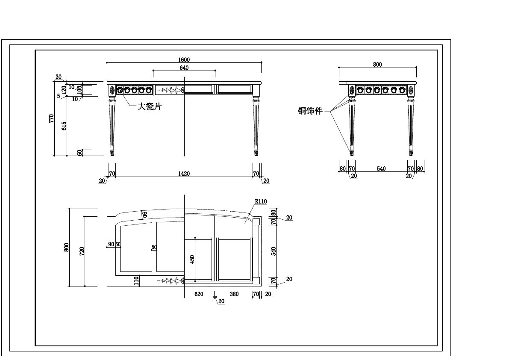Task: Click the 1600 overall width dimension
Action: pos(184,60)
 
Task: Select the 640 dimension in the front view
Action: pos(184,68)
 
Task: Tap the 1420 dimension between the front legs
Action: pos(184,174)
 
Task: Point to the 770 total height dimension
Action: pos(51,118)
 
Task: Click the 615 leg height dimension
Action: pos(64,126)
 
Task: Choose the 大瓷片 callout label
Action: pos(149,106)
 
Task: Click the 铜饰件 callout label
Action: pos(310,111)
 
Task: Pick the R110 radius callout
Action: pos(261,201)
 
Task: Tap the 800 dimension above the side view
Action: pos(377,65)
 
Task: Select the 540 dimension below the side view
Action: pos(381,169)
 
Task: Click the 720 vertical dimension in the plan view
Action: pos(82,251)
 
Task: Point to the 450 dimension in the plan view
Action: pos(192,259)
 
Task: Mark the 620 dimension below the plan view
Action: pos(199,294)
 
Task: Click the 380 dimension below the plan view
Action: pos(234,294)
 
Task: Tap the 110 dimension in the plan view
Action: pos(136,280)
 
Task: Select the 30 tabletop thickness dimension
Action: pos(59,77)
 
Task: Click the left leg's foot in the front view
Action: pos(113,152)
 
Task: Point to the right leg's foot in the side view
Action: pos(411,152)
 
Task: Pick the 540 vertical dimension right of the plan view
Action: pos(274,251)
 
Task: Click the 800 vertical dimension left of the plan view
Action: pos(66,248)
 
